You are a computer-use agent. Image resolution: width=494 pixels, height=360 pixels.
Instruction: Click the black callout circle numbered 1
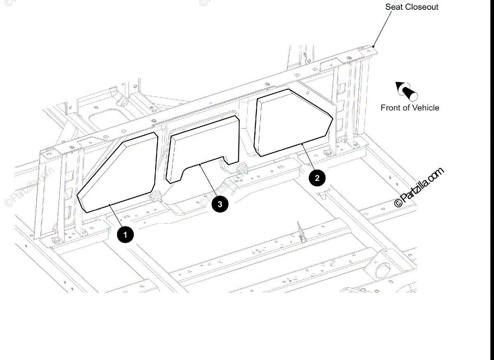125,235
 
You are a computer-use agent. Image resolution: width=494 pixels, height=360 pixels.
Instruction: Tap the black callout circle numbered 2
317,178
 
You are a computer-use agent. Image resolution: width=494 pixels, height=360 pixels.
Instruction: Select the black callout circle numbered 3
220,204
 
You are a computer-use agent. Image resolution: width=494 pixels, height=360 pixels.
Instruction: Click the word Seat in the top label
394,7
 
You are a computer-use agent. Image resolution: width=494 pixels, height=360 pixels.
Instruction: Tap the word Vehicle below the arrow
425,108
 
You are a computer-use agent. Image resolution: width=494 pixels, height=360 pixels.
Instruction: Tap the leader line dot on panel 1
110,204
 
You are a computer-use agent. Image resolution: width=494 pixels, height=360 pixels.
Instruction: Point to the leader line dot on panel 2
303,144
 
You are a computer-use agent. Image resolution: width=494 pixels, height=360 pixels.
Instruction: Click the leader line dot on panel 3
200,165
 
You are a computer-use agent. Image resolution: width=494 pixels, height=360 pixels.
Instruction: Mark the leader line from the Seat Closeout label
383,27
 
